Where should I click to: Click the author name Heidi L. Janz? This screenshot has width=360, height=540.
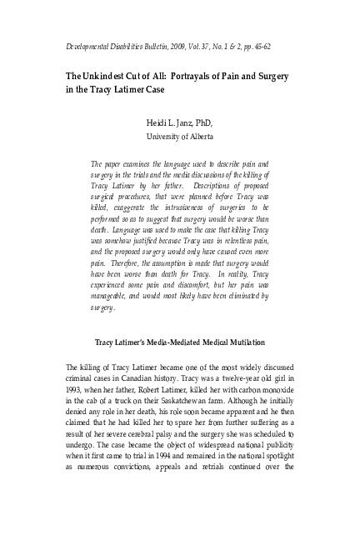(x=178, y=122)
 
